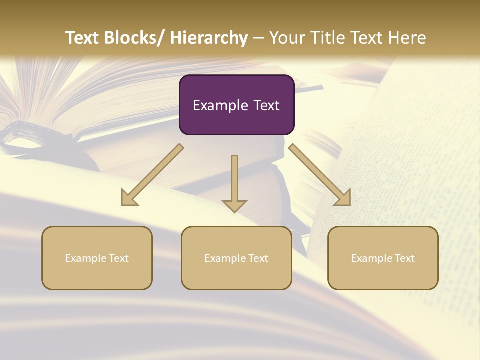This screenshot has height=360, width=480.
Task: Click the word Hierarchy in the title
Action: click(x=209, y=38)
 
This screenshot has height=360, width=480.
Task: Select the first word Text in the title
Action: click(x=83, y=38)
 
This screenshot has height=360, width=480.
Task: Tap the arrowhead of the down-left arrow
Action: click(x=129, y=198)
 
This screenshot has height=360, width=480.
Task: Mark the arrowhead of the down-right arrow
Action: click(x=343, y=198)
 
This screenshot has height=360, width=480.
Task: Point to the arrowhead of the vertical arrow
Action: click(x=234, y=205)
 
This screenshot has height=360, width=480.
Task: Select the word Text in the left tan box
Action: click(x=119, y=258)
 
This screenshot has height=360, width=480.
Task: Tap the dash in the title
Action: click(x=258, y=38)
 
